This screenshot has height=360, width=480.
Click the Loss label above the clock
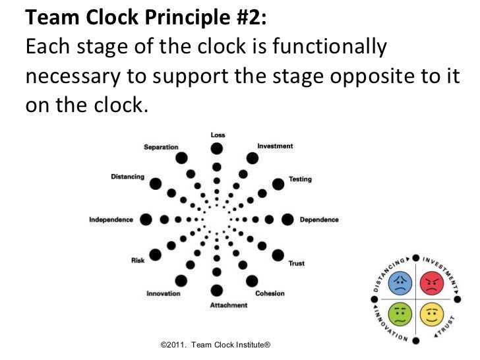pos(218,135)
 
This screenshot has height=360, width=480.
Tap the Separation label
pos(161,147)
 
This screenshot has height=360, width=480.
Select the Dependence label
pos(319,220)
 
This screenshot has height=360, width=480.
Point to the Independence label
pos(111,220)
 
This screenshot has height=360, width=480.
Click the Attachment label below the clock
pos(229,305)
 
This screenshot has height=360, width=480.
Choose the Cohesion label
pos(270,293)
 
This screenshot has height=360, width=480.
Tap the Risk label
pos(138,260)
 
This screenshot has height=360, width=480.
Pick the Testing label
pos(300,179)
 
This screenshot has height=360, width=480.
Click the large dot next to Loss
pos(218,148)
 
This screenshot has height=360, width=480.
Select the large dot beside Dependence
pos(288,220)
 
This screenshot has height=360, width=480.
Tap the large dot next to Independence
pos(146,220)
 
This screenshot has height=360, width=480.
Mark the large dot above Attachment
pos(218,291)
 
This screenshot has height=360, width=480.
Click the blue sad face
pos(400,284)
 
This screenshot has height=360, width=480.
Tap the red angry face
pos(431,284)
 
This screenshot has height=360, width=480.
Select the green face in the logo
pos(400,315)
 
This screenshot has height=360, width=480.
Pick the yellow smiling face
pos(431,315)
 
